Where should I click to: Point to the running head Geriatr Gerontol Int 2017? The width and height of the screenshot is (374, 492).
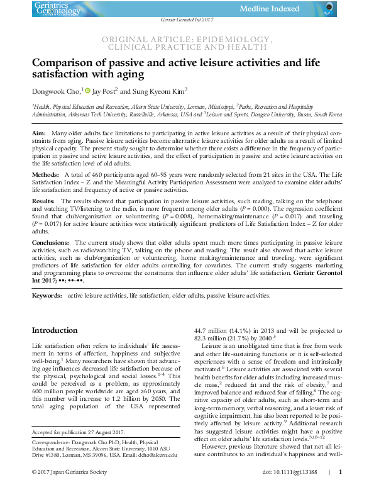click(187, 21)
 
